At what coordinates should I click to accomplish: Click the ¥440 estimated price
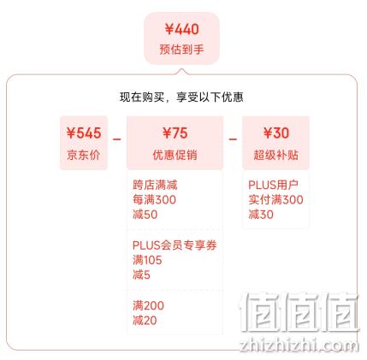(x=181, y=29)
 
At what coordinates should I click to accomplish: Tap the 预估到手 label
(x=181, y=50)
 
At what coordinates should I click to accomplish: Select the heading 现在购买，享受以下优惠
(x=181, y=97)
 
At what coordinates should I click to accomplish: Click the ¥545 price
(x=84, y=133)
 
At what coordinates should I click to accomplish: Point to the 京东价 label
(x=84, y=155)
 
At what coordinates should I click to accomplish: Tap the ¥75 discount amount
(x=175, y=133)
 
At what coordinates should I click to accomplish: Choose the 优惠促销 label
(x=175, y=155)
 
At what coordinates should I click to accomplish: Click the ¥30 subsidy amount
(x=275, y=133)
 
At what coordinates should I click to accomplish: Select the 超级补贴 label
(x=275, y=155)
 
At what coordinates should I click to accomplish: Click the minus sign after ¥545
(x=117, y=139)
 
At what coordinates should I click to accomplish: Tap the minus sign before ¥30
(x=233, y=139)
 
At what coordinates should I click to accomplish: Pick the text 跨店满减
(x=155, y=185)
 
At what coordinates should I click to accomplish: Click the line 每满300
(x=154, y=200)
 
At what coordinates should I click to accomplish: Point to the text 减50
(x=145, y=215)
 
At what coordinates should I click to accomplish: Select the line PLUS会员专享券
(x=175, y=245)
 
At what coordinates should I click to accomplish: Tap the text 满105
(x=147, y=260)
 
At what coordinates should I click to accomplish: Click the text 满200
(x=148, y=306)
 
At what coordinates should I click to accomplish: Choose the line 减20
(x=145, y=321)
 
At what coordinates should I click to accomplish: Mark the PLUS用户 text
(x=273, y=185)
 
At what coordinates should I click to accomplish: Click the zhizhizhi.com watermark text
(x=299, y=345)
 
